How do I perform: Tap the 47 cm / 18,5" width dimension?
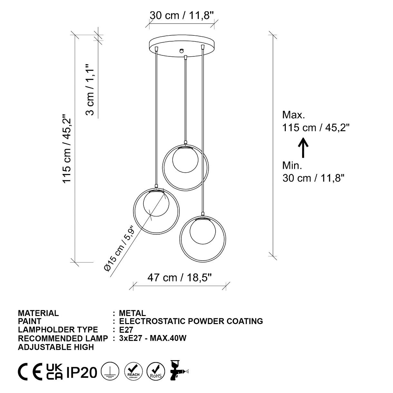click(x=179, y=278)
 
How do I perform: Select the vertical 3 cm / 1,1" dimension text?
click(x=90, y=90)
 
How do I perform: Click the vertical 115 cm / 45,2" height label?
click(x=67, y=149)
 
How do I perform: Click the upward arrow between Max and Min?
click(x=303, y=148)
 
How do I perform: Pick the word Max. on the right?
click(x=293, y=115)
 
